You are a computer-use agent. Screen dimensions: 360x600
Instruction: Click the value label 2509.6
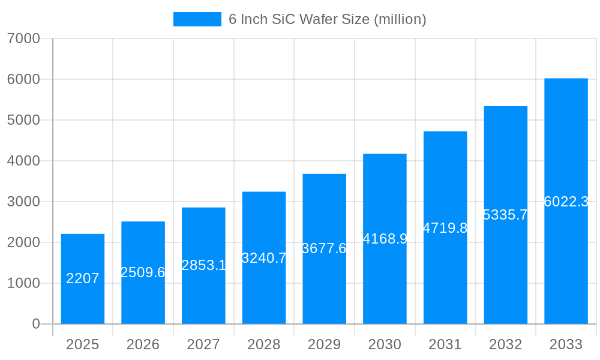point(143,272)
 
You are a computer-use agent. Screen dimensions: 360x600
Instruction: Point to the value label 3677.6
point(324,248)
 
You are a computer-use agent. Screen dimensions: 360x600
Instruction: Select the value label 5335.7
point(505,215)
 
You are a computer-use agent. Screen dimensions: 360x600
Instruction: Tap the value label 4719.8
point(445,228)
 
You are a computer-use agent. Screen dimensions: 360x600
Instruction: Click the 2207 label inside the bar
point(83,278)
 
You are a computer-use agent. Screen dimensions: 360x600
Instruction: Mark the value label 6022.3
point(566,202)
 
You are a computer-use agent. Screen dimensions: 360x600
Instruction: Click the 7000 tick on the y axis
point(23,38)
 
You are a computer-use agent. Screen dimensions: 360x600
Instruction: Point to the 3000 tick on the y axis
point(23,202)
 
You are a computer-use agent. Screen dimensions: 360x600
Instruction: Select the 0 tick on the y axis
point(35,324)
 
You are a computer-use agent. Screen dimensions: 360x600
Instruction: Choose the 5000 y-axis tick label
point(23,120)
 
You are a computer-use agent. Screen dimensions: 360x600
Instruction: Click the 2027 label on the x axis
point(203,344)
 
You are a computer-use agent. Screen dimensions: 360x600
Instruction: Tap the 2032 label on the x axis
point(505,344)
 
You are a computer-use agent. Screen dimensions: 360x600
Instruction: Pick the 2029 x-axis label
point(324,344)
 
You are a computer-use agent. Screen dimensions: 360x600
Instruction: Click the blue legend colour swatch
point(197,19)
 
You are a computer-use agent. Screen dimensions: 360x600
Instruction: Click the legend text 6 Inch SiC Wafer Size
point(327,19)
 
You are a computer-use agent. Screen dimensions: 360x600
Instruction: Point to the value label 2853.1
point(203,265)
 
